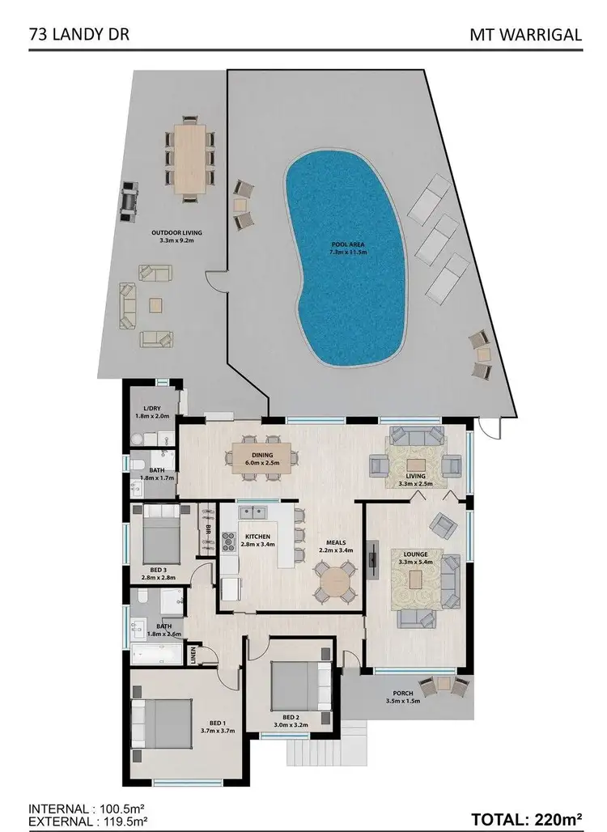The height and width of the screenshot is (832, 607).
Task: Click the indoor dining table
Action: click(x=261, y=461)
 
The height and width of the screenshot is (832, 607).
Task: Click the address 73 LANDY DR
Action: click(x=79, y=35)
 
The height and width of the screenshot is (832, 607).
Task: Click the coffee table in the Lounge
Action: click(x=416, y=579)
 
